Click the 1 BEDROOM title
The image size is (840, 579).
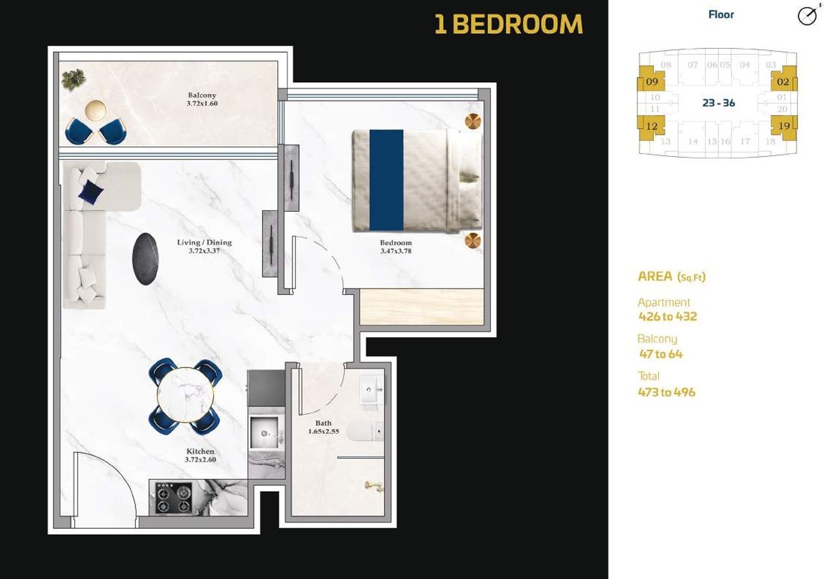(508, 24)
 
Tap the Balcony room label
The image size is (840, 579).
(202, 95)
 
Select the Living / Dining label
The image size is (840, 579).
(205, 242)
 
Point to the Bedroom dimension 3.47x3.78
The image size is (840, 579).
(396, 251)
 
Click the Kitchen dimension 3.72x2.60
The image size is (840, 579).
(201, 459)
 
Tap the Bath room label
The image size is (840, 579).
(323, 423)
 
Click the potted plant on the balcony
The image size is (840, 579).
(74, 79)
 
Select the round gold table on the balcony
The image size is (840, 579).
(96, 111)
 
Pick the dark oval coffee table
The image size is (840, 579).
(145, 259)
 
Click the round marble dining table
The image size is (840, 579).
(185, 395)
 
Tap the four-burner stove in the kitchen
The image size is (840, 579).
(173, 498)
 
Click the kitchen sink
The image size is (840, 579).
(265, 433)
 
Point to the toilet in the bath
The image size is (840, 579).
(365, 431)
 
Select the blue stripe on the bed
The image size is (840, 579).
(386, 180)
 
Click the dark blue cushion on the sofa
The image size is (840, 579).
(91, 192)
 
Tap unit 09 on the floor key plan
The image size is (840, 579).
(652, 79)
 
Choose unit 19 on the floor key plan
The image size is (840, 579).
(784, 127)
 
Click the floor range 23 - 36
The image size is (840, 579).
(719, 103)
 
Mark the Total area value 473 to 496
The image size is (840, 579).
(667, 392)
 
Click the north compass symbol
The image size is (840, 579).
(808, 16)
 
